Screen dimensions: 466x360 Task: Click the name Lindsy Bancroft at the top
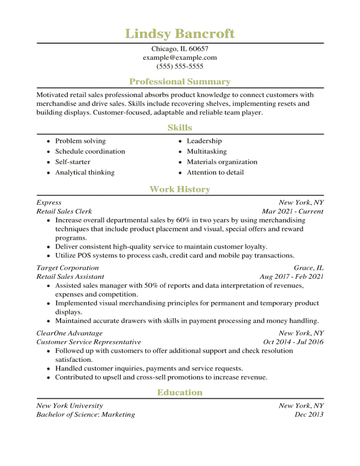click(x=180, y=34)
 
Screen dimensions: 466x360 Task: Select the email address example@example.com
click(x=180, y=58)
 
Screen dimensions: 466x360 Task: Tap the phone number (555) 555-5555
click(x=180, y=67)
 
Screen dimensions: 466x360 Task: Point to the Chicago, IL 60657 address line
click(x=180, y=49)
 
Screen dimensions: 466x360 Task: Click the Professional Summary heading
click(x=180, y=82)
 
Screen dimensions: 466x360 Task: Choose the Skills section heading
click(x=180, y=128)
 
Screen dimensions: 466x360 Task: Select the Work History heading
click(x=180, y=189)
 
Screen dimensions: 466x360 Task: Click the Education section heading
click(x=180, y=393)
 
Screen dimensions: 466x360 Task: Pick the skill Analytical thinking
click(x=85, y=173)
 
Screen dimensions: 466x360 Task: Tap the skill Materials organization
click(x=222, y=162)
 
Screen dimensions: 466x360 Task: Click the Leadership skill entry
click(x=204, y=141)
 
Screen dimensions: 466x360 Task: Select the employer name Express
click(x=49, y=202)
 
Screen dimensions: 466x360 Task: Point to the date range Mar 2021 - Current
click(x=292, y=212)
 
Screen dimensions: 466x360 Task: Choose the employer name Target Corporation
click(x=67, y=268)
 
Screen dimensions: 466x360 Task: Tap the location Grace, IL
click(x=309, y=268)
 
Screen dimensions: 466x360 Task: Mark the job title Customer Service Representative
click(x=89, y=342)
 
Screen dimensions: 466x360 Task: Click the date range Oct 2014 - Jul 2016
click(x=293, y=342)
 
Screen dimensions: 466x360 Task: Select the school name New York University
click(x=70, y=406)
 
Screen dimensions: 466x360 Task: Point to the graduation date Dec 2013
click(x=309, y=415)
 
